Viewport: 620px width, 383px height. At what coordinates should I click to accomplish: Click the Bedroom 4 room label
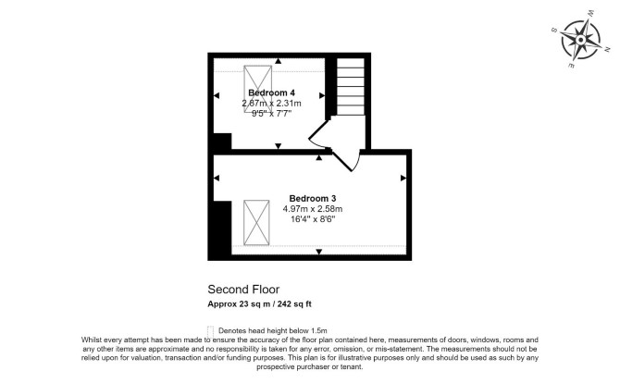[x=271, y=93]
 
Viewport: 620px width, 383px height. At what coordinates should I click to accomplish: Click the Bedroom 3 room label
[x=313, y=198]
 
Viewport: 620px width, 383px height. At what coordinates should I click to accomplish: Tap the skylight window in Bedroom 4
[x=258, y=89]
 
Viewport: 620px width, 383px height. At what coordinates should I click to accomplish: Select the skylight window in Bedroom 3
[x=256, y=223]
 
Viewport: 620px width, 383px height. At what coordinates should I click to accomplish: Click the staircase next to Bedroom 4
[x=351, y=87]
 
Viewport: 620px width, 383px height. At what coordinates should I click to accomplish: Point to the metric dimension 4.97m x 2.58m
[x=313, y=209]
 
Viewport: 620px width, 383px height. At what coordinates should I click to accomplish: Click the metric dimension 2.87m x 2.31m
[x=271, y=104]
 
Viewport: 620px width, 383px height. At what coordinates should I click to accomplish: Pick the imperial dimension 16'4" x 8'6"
[x=313, y=219]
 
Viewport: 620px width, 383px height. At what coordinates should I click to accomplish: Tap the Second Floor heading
[x=243, y=290]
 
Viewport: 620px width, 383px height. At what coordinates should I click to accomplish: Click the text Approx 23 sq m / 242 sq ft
[x=259, y=304]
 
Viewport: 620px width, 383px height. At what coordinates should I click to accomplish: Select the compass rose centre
[x=580, y=40]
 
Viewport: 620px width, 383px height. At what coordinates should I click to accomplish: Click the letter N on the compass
[x=607, y=49]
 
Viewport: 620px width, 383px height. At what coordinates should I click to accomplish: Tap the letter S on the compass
[x=554, y=31]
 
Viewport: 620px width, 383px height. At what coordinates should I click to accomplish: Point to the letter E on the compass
[x=571, y=66]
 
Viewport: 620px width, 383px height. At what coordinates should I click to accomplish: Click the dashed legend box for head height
[x=210, y=331]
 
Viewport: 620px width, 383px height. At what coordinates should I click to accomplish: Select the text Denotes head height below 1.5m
[x=273, y=331]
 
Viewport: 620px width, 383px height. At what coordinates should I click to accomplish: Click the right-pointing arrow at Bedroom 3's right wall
[x=403, y=179]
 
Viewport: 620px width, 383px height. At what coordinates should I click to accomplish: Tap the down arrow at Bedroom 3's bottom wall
[x=319, y=253]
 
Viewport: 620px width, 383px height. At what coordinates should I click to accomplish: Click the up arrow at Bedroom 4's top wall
[x=279, y=61]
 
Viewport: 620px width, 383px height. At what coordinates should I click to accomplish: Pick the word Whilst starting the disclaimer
[x=92, y=340]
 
